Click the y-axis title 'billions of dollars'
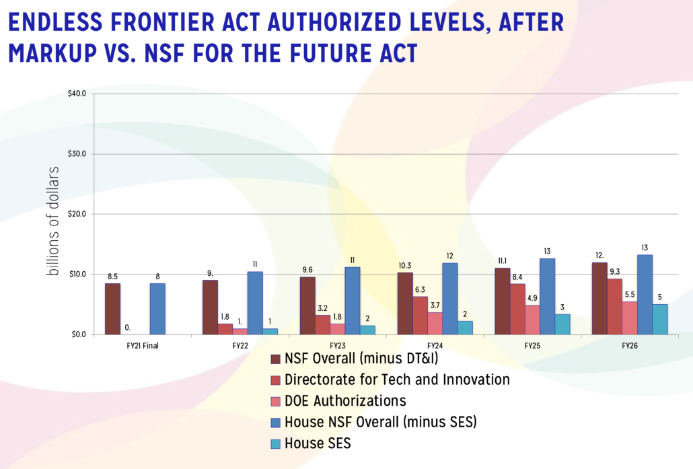click(x=53, y=219)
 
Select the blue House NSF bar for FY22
click(x=255, y=303)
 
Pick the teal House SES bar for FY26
click(x=660, y=319)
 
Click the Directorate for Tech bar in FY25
click(x=517, y=309)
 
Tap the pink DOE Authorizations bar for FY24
click(x=435, y=323)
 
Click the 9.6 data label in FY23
click(x=307, y=271)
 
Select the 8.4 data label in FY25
click(x=517, y=278)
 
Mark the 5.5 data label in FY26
click(x=630, y=295)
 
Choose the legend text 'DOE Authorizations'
click(x=345, y=401)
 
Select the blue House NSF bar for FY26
click(x=645, y=294)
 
